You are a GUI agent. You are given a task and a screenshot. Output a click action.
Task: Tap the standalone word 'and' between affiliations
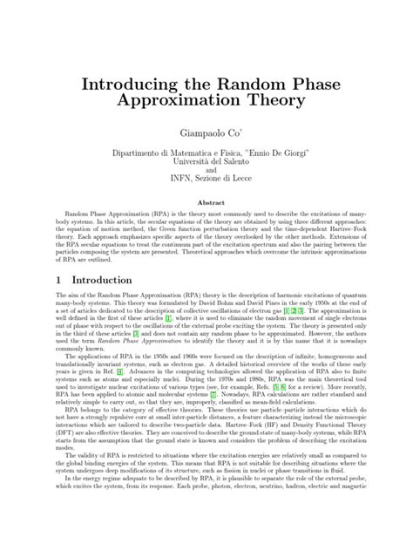pyautogui.click(x=206, y=173)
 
